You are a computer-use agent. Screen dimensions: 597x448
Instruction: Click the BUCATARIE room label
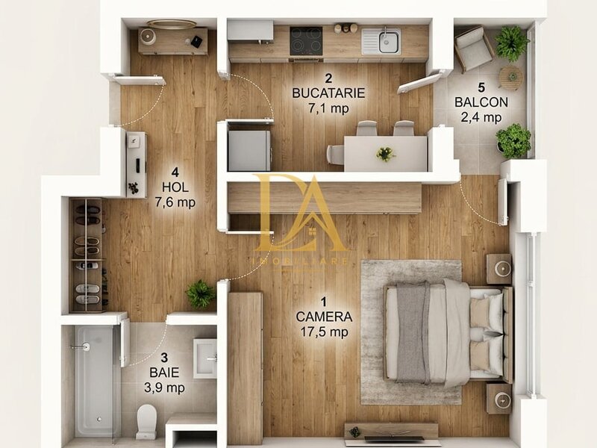click(x=328, y=93)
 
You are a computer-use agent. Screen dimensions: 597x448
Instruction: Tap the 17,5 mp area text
click(x=324, y=332)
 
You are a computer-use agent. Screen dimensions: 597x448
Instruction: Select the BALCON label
click(x=481, y=102)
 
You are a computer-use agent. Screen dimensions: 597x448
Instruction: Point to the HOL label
click(x=175, y=187)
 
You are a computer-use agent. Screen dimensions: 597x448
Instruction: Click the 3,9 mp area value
click(x=164, y=388)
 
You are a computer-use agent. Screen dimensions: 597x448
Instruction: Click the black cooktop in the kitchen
click(x=306, y=41)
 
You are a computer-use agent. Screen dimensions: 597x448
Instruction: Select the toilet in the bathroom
click(x=146, y=422)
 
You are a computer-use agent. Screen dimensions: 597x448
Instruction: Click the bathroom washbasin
click(x=204, y=358)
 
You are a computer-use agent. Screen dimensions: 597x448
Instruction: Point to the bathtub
click(x=94, y=381)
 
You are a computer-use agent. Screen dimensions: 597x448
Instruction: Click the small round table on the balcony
click(x=511, y=77)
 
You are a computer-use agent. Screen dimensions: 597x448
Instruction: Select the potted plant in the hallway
click(x=200, y=293)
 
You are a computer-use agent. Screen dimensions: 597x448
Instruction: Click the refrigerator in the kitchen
click(x=249, y=151)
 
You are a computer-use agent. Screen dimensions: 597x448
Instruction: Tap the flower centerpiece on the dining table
click(x=386, y=154)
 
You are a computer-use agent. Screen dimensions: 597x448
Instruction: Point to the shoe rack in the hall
click(x=87, y=255)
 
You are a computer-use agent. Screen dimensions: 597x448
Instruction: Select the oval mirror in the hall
click(x=172, y=25)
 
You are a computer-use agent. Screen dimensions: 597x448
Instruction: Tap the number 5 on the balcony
click(x=481, y=87)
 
